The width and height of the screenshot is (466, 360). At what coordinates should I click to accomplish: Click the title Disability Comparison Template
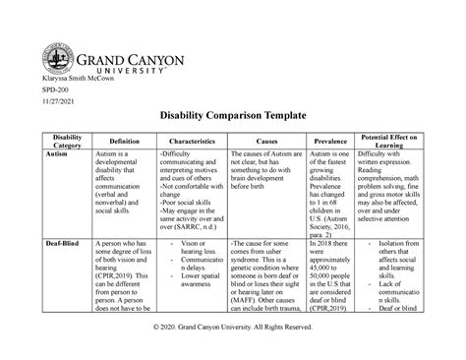(232, 116)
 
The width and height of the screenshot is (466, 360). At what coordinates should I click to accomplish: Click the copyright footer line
(232, 341)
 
